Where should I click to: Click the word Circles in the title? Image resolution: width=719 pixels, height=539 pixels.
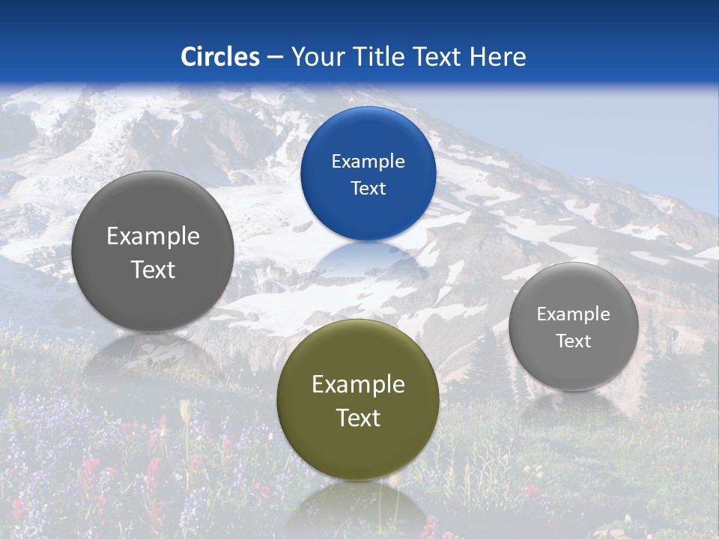220,57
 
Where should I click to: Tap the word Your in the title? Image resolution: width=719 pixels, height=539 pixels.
314,57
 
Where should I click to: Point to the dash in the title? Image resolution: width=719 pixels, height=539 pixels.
275,58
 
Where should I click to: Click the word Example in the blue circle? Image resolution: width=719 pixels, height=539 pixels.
368,162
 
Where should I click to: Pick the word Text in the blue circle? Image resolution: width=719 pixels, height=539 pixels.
368,189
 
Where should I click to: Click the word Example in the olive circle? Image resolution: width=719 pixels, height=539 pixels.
358,385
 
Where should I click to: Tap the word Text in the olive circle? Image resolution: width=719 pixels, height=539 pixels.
358,418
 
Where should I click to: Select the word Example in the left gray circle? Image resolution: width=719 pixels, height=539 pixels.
153,237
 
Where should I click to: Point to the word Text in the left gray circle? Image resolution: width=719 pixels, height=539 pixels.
153,269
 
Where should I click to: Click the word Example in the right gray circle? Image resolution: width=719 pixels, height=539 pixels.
574,314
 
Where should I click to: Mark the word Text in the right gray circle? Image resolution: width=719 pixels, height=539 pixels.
574,341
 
